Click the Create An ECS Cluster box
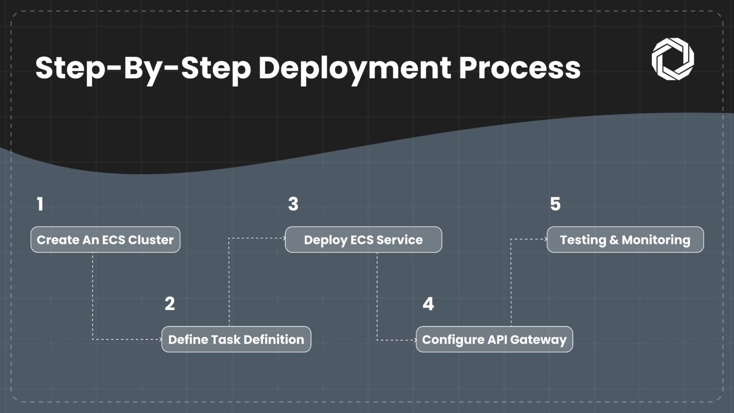point(105,239)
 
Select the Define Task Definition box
point(236,339)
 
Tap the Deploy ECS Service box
point(363,239)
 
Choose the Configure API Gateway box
point(494,339)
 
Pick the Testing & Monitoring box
point(625,239)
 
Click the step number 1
point(40,204)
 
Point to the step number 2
point(170,304)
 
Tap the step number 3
point(293,204)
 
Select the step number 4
point(428,304)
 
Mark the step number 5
point(555,204)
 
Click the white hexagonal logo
point(672,59)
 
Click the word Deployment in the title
point(354,68)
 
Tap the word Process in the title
point(519,68)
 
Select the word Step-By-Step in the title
point(143,68)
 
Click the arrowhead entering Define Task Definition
point(160,339)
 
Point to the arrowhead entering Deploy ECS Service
point(284,238)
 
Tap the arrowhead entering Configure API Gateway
point(414,340)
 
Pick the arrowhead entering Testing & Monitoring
point(546,239)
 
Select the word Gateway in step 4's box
point(538,340)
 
